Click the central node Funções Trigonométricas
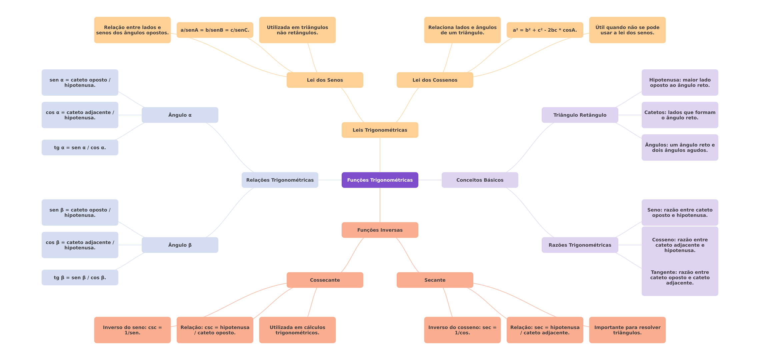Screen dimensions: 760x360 pos(380,180)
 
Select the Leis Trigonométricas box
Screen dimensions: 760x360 pos(380,130)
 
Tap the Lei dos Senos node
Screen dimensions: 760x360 pos(325,80)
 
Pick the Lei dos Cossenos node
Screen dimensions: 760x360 pos(435,80)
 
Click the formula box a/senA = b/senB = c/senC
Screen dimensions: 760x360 pos(215,30)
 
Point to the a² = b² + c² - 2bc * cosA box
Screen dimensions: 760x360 pos(545,30)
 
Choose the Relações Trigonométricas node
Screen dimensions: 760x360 pos(280,180)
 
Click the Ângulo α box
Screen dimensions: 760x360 pos(180,115)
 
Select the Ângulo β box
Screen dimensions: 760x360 pos(180,245)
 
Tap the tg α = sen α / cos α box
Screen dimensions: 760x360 pos(80,147)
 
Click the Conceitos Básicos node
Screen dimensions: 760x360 pos(480,180)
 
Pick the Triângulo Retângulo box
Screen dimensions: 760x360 pos(580,115)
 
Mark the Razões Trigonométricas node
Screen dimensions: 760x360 pos(580,245)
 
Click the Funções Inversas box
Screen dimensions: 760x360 pos(380,230)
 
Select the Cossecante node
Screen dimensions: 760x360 pos(325,280)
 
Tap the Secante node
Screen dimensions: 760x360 pos(435,280)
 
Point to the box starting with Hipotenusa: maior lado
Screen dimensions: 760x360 pos(680,82)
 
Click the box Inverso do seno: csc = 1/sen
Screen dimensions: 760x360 pos(132,330)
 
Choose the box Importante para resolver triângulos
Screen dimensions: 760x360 pos(627,330)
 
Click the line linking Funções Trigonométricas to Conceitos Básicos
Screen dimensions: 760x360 pos(430,180)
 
